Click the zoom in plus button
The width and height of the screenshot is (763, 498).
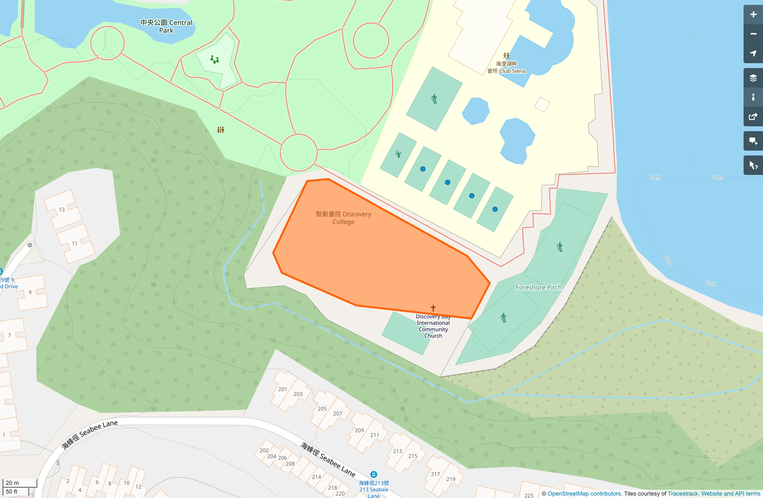pyautogui.click(x=753, y=15)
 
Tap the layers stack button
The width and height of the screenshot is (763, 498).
pyautogui.click(x=753, y=78)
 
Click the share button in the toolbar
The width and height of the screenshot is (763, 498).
pyautogui.click(x=753, y=117)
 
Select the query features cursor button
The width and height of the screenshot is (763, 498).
pyautogui.click(x=753, y=165)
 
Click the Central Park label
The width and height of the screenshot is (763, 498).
pyautogui.click(x=166, y=26)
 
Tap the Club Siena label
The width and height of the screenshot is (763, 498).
pyautogui.click(x=507, y=67)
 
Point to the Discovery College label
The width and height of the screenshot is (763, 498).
pyautogui.click(x=343, y=218)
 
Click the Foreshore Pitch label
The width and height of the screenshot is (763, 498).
pyautogui.click(x=538, y=287)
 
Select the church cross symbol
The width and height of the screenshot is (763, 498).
pyautogui.click(x=433, y=308)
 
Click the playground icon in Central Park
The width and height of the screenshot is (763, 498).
pyautogui.click(x=215, y=60)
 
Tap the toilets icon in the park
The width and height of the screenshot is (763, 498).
pyautogui.click(x=220, y=130)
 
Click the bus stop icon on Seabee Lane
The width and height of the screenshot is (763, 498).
pyautogui.click(x=373, y=474)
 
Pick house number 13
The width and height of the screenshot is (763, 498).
pyautogui.click(x=62, y=210)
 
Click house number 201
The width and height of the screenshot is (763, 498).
pyautogui.click(x=282, y=389)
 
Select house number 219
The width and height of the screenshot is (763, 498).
pyautogui.click(x=451, y=479)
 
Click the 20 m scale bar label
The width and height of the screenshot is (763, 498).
pyautogui.click(x=12, y=483)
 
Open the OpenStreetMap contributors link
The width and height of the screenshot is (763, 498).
pyautogui.click(x=584, y=494)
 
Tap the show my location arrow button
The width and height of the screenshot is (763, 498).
pyautogui.click(x=753, y=53)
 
